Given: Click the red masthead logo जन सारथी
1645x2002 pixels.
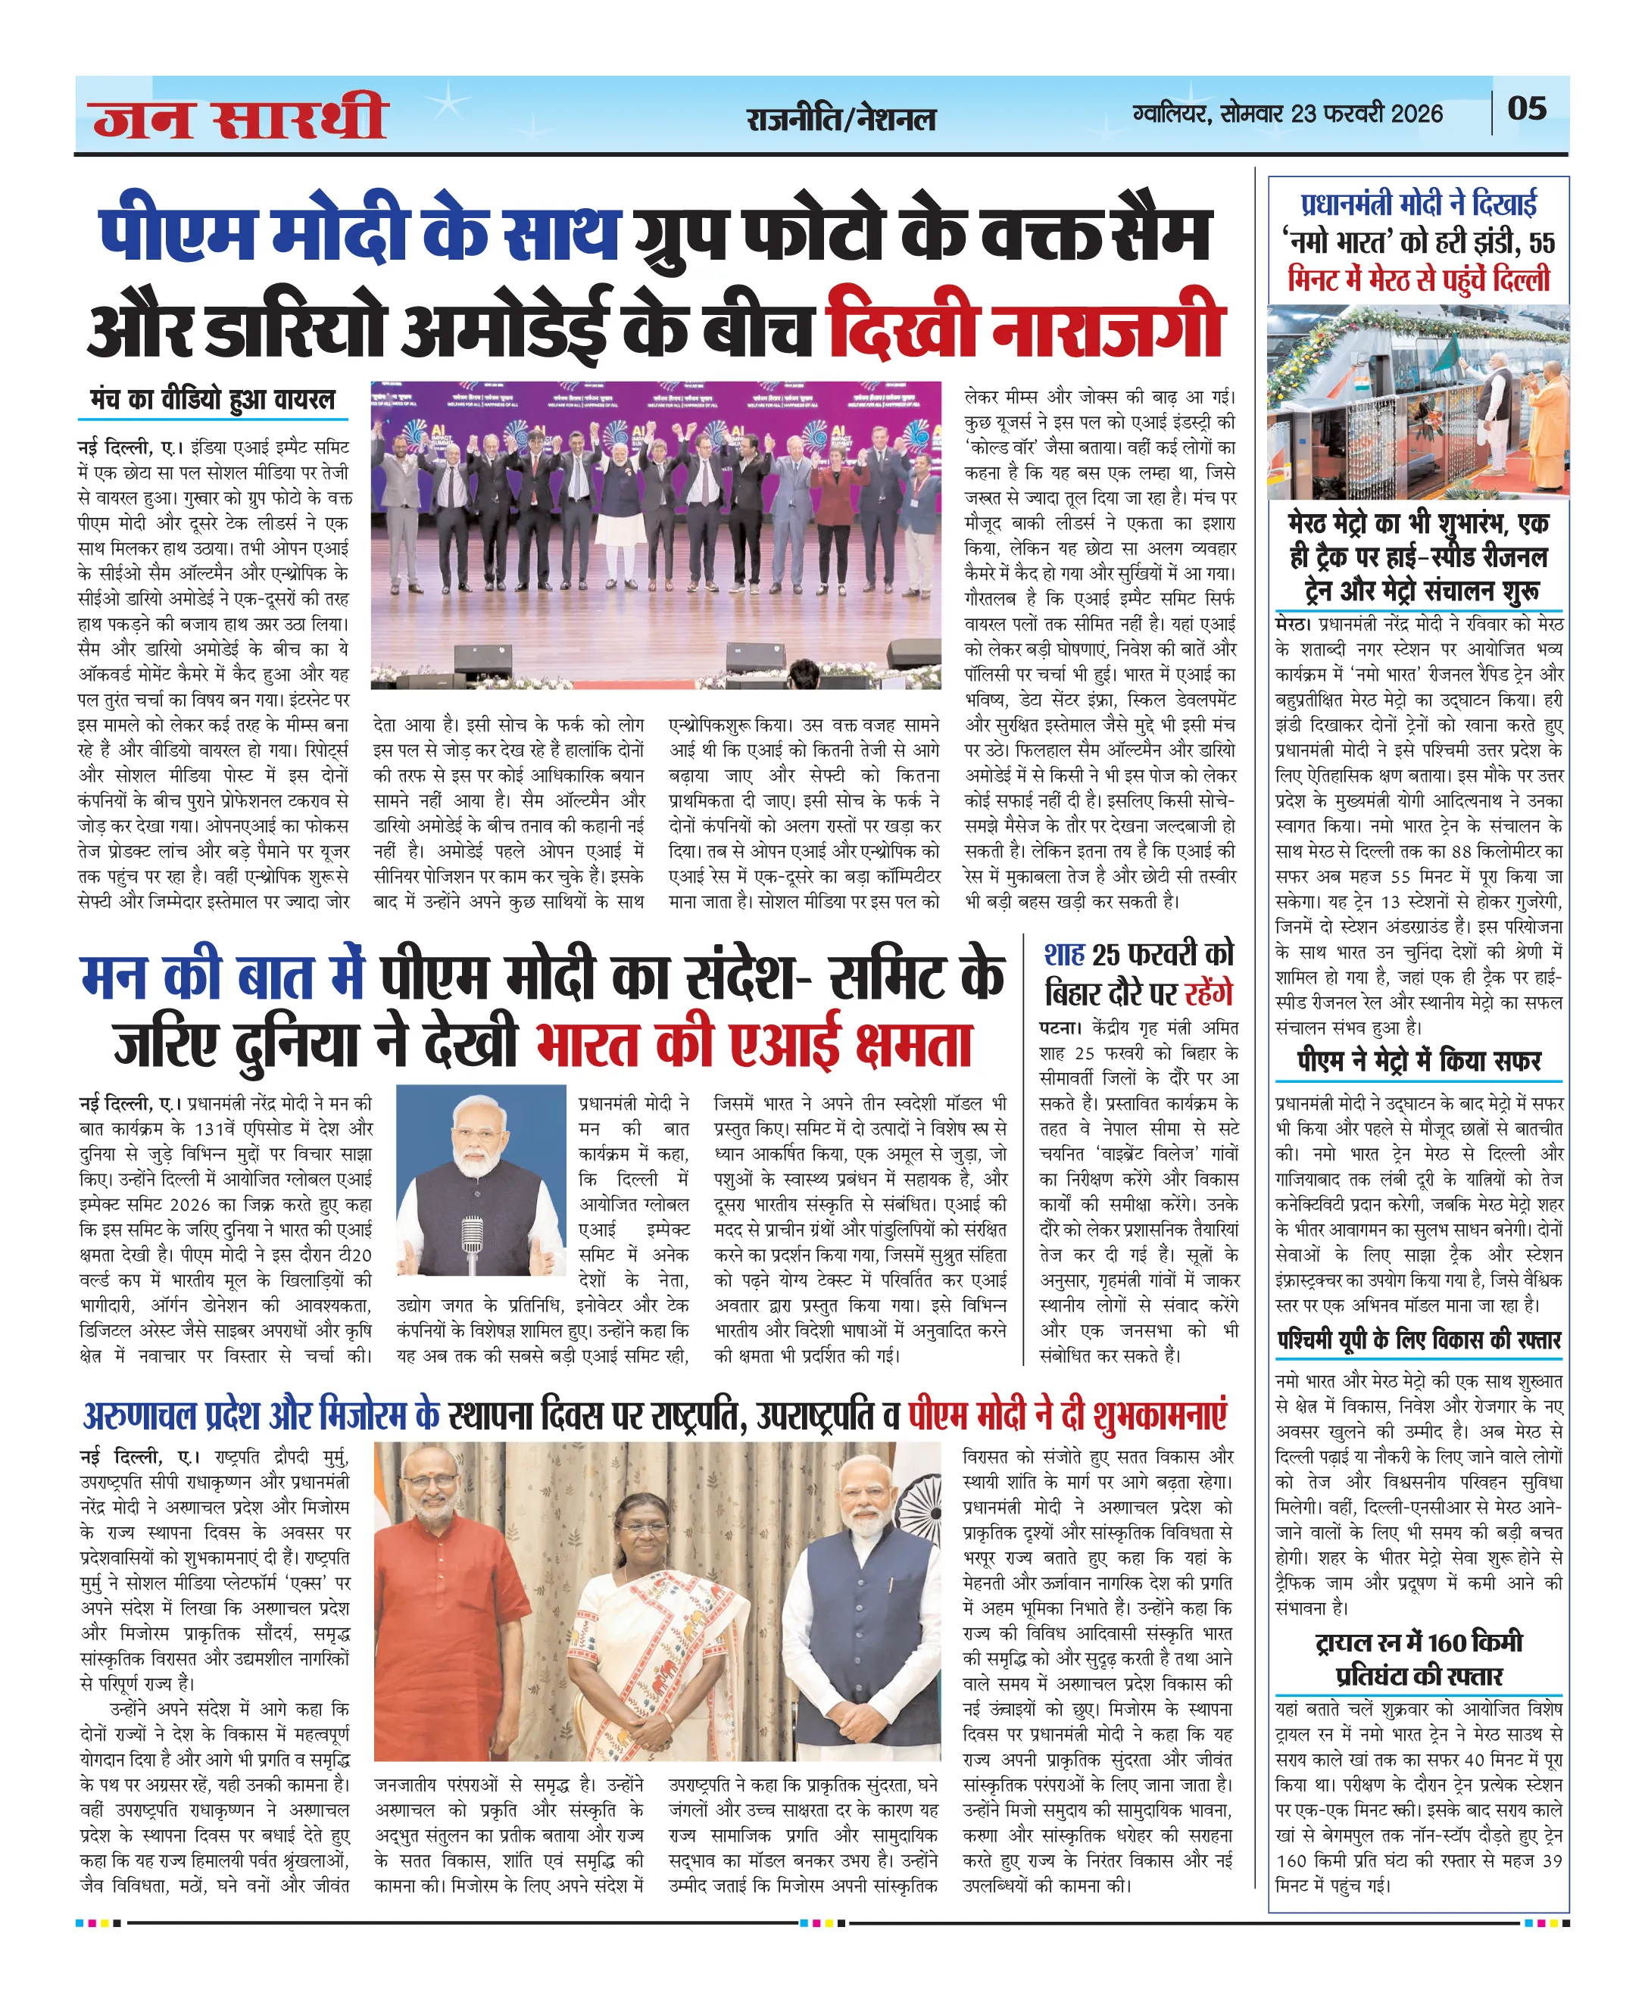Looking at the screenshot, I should click(x=241, y=117).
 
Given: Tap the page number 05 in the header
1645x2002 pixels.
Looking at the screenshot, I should click(x=1527, y=109).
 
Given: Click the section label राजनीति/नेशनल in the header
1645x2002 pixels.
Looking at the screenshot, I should click(x=841, y=120).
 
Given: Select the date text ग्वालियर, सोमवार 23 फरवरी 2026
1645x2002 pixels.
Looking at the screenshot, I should click(x=1288, y=114).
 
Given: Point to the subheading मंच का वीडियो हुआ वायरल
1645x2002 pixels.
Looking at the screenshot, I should click(x=212, y=400).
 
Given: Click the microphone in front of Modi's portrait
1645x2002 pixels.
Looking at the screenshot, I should click(x=471, y=1241).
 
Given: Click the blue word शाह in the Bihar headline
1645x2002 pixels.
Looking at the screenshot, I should click(x=1064, y=954).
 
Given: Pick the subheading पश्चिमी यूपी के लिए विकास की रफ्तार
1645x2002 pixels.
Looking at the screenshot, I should click(x=1419, y=1341).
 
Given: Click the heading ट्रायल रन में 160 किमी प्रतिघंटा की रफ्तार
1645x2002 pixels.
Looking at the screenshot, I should click(x=1419, y=1658).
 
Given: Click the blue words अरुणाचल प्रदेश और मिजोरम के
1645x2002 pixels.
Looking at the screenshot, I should click(x=261, y=1415).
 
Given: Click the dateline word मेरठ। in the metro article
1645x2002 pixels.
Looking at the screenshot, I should click(x=1293, y=625).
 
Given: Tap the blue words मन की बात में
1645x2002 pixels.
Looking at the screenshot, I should click(x=223, y=976).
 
